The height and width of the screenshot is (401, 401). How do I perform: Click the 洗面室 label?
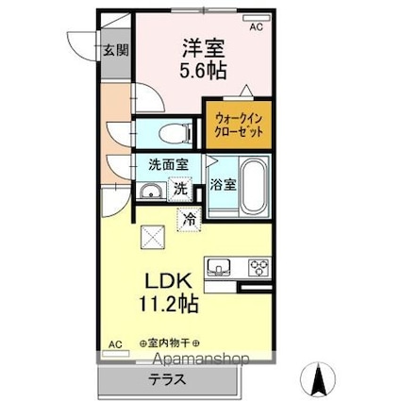(168, 164)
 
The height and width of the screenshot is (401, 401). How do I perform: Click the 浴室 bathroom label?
(223, 184)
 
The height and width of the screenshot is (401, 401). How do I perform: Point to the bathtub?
(254, 187)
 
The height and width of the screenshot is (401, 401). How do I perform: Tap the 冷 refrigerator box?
(190, 221)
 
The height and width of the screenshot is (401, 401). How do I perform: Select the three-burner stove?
(258, 266)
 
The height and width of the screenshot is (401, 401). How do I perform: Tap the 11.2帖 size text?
(170, 308)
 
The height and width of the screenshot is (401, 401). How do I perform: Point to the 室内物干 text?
(174, 343)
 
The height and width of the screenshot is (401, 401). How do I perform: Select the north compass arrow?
(318, 379)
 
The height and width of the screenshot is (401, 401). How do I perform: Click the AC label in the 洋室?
(256, 27)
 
